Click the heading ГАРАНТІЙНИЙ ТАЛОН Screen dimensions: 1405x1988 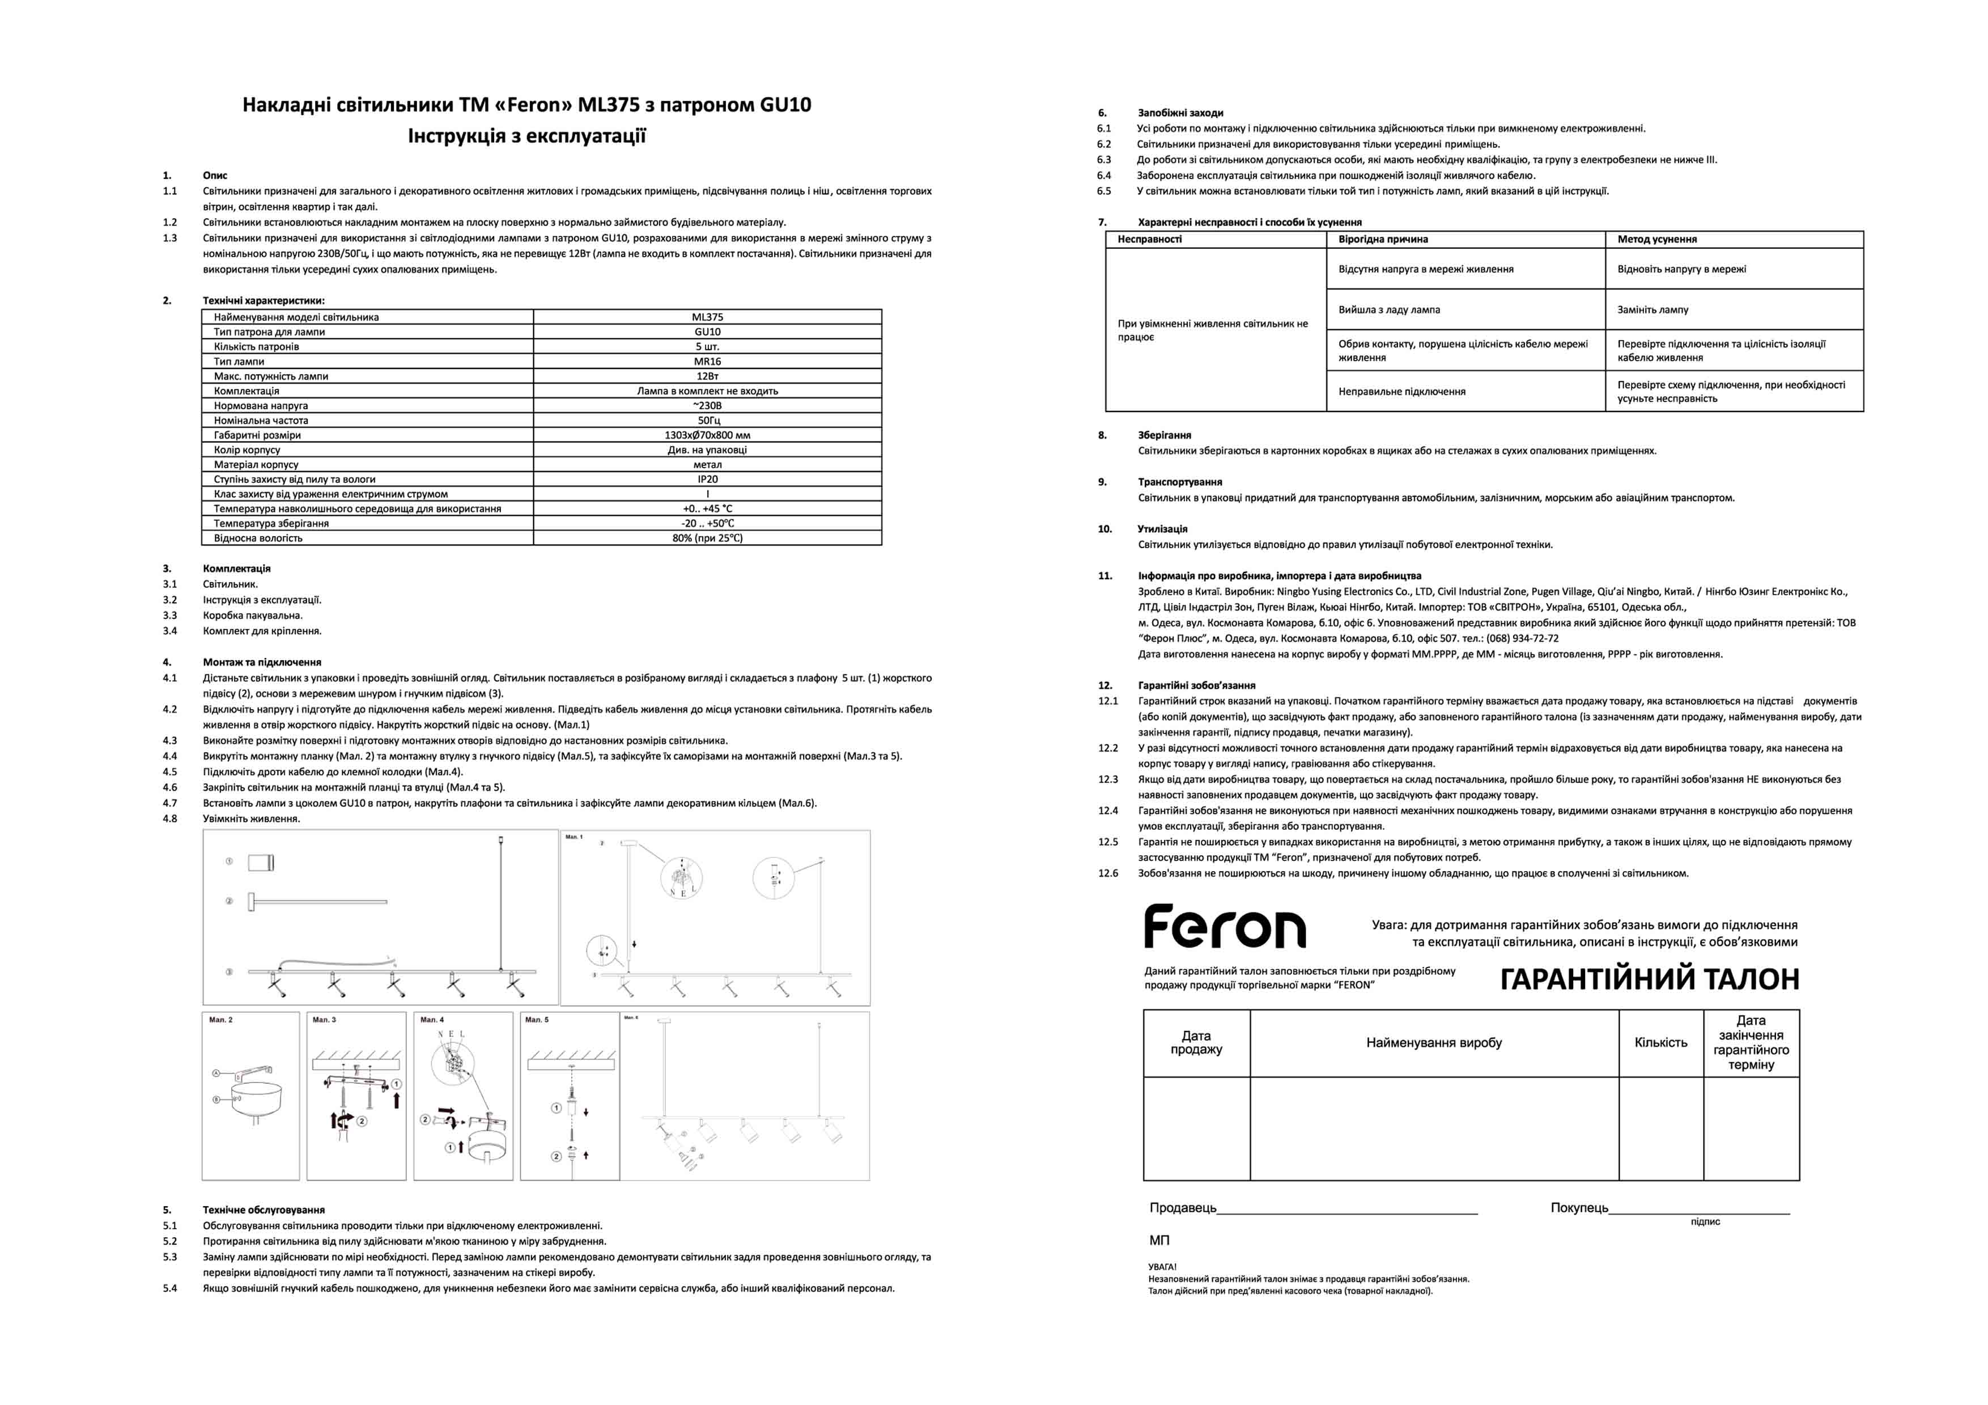click(1650, 979)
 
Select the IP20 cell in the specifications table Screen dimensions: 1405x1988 click(707, 479)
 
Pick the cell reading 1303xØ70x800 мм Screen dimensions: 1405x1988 click(707, 435)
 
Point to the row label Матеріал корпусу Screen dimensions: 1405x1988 click(256, 465)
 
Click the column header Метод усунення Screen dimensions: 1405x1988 click(1656, 240)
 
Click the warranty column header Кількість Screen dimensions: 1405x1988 click(1660, 1043)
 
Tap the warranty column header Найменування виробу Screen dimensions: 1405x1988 click(1434, 1043)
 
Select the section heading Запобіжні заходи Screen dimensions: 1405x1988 click(1180, 113)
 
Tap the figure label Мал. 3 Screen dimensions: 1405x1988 click(324, 1020)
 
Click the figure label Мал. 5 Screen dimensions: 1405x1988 click(537, 1020)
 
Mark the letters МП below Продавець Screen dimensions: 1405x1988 click(1159, 1241)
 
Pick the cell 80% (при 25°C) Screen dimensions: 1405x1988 click(707, 538)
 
